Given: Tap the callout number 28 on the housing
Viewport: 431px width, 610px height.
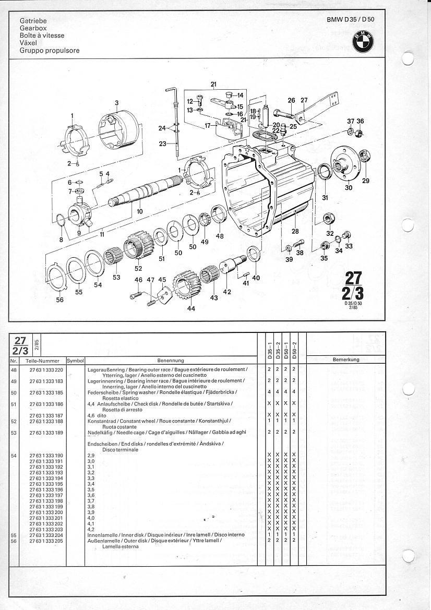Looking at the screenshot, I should [x=295, y=231].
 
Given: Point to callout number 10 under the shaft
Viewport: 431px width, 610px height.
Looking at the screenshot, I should [x=139, y=211].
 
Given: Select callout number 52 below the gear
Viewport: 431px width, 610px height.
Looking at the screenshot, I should [x=138, y=269].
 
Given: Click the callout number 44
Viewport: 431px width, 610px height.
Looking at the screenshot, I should [x=191, y=309].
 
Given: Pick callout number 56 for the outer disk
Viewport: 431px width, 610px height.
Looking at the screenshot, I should [x=60, y=300].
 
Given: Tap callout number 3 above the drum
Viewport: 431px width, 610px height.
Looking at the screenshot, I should [x=117, y=102].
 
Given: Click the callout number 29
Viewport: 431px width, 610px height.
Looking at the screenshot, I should [x=365, y=181].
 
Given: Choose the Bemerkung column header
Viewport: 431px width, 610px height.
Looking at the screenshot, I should [x=346, y=360].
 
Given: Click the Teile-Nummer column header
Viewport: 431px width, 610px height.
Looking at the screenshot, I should [x=42, y=360].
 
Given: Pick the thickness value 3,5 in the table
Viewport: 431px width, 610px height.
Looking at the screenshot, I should [x=91, y=489].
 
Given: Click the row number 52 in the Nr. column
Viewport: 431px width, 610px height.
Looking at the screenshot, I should [x=14, y=421].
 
